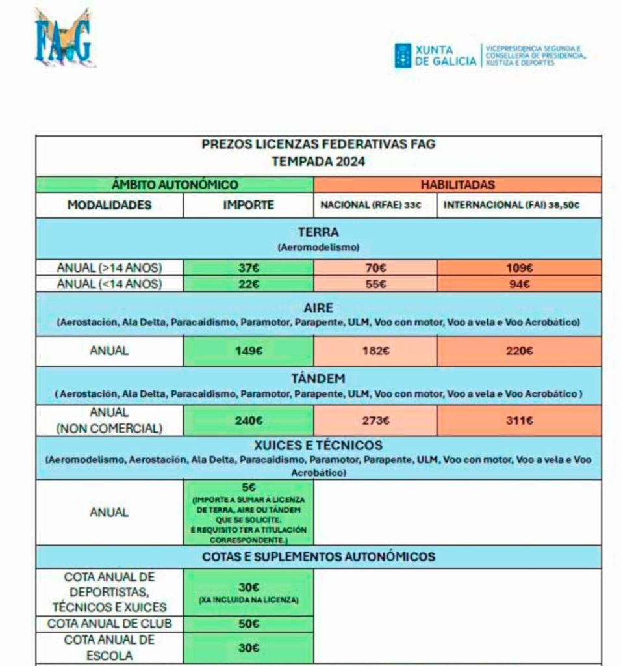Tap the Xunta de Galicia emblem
pyautogui.click(x=403, y=55)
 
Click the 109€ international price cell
pyautogui.click(x=519, y=267)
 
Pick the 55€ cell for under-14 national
pyautogui.click(x=375, y=284)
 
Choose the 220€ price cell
pyautogui.click(x=519, y=351)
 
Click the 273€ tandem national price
pyautogui.click(x=375, y=421)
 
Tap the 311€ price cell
pyautogui.click(x=519, y=421)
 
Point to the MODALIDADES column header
pyautogui.click(x=109, y=205)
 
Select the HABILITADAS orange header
pyautogui.click(x=457, y=185)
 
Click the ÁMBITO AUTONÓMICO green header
pyautogui.click(x=175, y=185)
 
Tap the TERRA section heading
pyautogui.click(x=318, y=232)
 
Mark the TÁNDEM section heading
pyautogui.click(x=318, y=379)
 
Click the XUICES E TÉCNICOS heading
pyautogui.click(x=318, y=446)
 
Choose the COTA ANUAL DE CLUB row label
pyautogui.click(x=109, y=624)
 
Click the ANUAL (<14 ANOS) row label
pyautogui.click(x=109, y=284)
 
